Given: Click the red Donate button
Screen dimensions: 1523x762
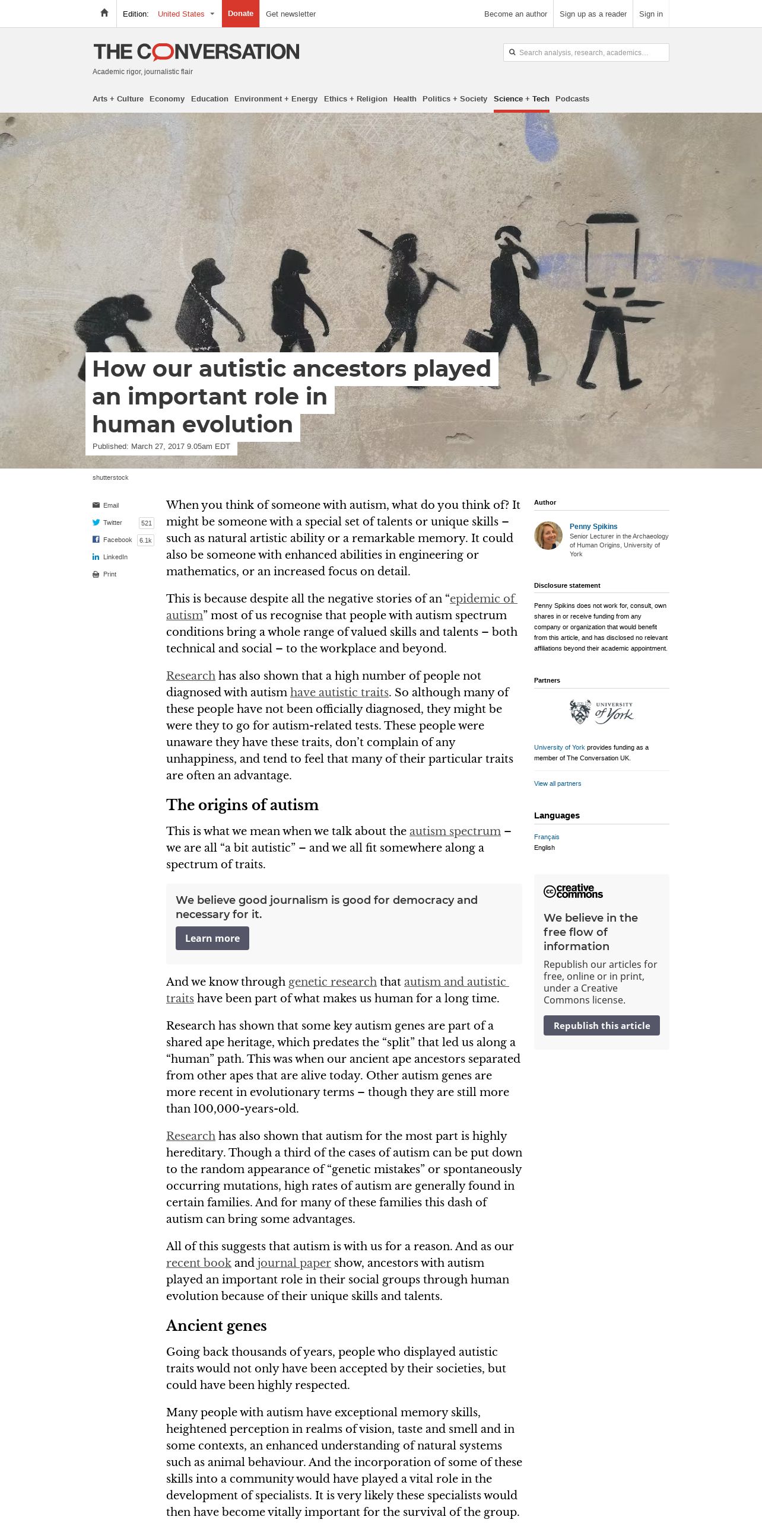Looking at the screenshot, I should click(240, 14).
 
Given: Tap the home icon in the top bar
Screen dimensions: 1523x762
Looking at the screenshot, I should click(104, 13).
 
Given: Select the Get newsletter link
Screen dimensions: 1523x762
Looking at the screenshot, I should click(290, 14).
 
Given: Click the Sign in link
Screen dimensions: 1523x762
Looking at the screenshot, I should click(650, 14).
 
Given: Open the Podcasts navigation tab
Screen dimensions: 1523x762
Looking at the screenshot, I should click(572, 99).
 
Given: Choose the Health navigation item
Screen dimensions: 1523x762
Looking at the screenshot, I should click(405, 99).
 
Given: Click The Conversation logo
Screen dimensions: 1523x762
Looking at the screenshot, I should click(196, 52).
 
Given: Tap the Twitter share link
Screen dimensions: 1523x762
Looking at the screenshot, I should click(112, 522).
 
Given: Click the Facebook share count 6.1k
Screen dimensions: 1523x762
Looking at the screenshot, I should click(145, 540).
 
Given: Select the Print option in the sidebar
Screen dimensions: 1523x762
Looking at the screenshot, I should click(109, 574).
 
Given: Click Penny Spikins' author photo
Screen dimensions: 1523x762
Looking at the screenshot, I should click(548, 536).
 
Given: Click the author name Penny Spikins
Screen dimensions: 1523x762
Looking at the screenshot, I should click(593, 527).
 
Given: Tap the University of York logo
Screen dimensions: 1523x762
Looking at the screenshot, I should click(601, 712).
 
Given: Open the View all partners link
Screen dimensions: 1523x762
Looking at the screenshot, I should click(557, 783).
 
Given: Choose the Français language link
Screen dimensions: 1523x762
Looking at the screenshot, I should click(547, 837).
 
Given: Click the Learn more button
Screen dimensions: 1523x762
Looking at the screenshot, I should click(212, 938).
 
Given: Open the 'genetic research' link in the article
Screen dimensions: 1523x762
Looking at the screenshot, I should click(332, 982).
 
